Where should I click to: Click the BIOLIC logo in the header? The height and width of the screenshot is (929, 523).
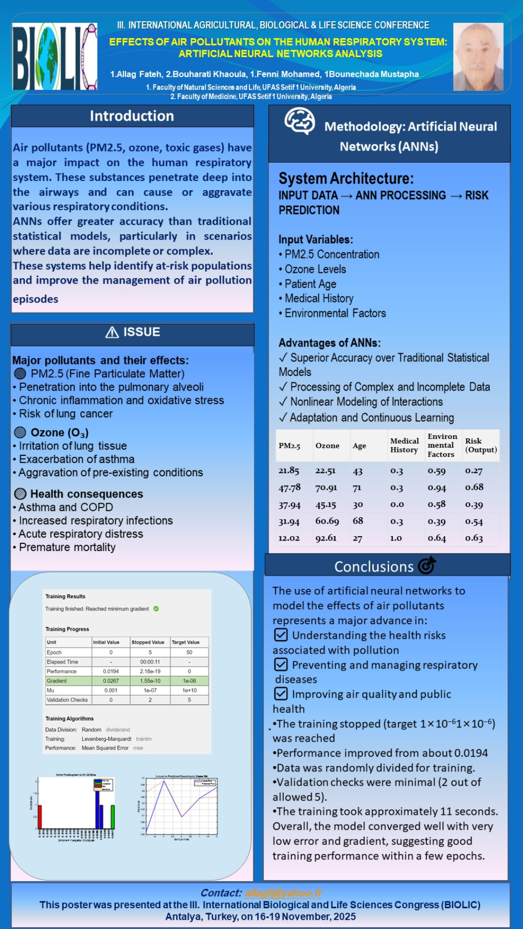coord(55,57)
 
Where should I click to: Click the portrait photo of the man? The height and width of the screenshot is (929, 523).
coord(478,57)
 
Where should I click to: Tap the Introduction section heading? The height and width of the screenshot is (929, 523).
coord(132,116)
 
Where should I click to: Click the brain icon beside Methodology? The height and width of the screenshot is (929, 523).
coord(300,121)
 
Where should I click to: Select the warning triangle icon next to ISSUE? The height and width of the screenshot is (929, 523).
coord(112,332)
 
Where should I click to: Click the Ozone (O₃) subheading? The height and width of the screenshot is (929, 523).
coord(59,433)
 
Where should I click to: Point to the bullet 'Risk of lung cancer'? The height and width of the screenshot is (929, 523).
coord(66,414)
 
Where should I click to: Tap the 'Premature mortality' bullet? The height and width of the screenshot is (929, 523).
coord(67,547)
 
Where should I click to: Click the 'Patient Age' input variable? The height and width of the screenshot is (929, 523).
coord(310,284)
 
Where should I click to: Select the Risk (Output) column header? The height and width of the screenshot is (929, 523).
coord(480,445)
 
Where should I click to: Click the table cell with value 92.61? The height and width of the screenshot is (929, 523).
coord(326,538)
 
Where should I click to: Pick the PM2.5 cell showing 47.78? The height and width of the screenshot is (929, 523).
coord(290,488)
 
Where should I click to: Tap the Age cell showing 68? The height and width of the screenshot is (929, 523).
coord(358,521)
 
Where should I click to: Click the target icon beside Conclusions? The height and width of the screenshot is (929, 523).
coord(427,565)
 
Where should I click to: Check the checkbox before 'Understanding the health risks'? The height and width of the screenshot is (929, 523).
coord(281,635)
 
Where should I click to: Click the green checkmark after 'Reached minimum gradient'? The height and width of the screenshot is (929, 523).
coord(156,609)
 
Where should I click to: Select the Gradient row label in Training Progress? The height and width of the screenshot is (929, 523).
coord(57,681)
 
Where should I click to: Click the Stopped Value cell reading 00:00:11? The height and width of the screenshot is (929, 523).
coord(150,662)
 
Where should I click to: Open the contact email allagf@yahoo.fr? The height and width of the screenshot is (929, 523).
coord(283,893)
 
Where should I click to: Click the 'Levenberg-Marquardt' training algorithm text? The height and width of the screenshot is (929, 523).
coord(107,739)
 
